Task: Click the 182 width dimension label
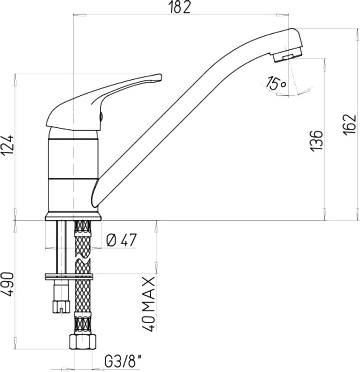[180, 8]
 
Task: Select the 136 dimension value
[317, 140]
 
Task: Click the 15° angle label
[276, 83]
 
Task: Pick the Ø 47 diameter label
[122, 240]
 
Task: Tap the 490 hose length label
[8, 284]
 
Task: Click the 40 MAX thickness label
[149, 304]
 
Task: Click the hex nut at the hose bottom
[83, 341]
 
